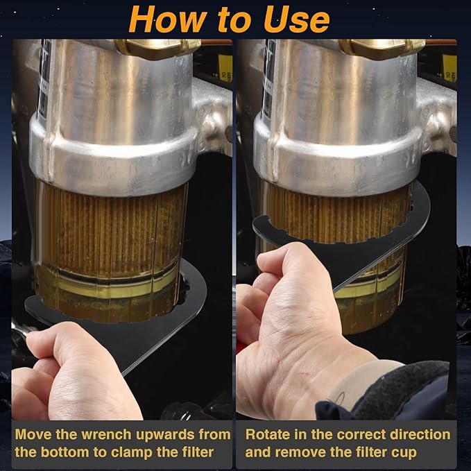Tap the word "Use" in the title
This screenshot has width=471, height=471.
tap(297, 19)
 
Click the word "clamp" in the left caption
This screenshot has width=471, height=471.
tap(155, 453)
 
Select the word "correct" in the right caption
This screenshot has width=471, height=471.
tap(361, 434)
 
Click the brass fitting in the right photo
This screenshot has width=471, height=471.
tap(382, 48)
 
